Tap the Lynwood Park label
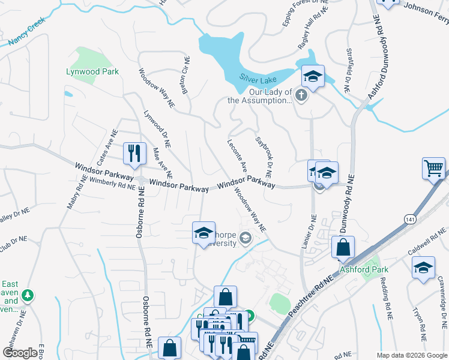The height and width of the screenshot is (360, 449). coord(92,71)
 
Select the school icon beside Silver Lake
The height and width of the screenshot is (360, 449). coord(313,76)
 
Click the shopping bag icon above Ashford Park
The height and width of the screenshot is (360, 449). coord(343,247)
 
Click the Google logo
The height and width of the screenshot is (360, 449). coord(20,353)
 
